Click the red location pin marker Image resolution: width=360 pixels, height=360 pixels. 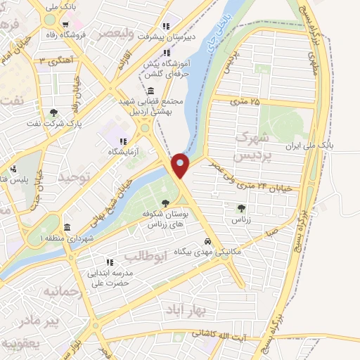[x=181, y=165]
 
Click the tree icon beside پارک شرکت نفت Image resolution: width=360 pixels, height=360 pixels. [x=54, y=112]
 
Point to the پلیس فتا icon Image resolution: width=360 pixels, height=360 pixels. [x=14, y=168]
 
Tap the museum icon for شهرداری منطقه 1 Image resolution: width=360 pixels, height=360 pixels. [x=67, y=229]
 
